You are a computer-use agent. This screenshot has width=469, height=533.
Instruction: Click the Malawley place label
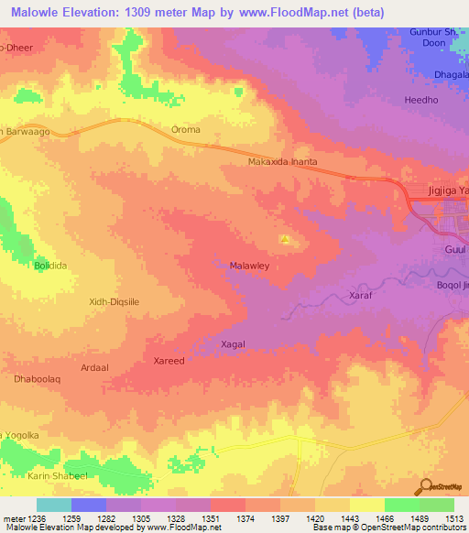pos(248,267)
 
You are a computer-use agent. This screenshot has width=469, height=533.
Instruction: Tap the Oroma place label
pos(186,130)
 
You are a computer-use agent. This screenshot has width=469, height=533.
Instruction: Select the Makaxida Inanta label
pos(282,162)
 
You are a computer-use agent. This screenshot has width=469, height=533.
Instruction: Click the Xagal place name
pos(234,343)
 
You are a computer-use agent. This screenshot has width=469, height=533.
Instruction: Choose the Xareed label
pos(169,361)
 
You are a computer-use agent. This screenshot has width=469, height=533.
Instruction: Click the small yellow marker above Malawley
pos(286,241)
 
